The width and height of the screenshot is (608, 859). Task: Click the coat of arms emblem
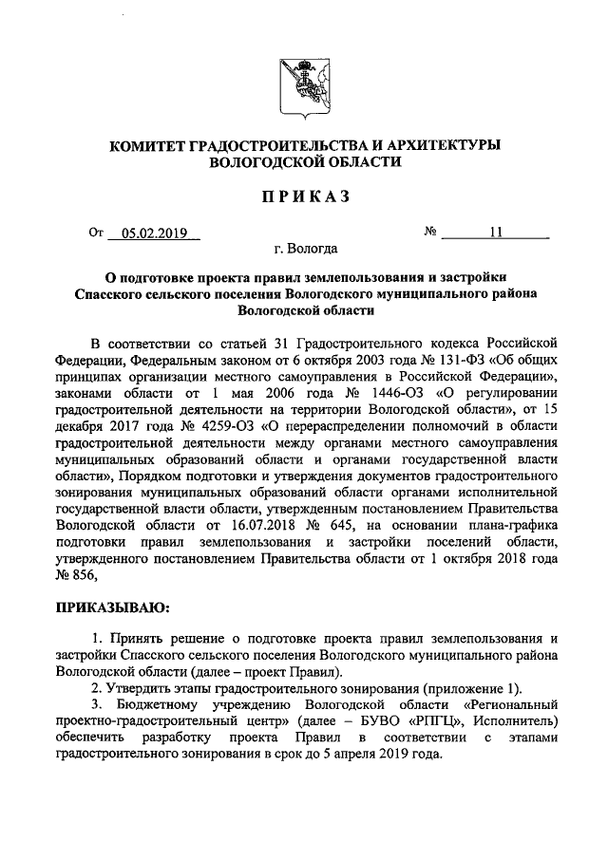[303, 85]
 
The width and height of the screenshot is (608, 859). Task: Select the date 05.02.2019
[155, 233]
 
